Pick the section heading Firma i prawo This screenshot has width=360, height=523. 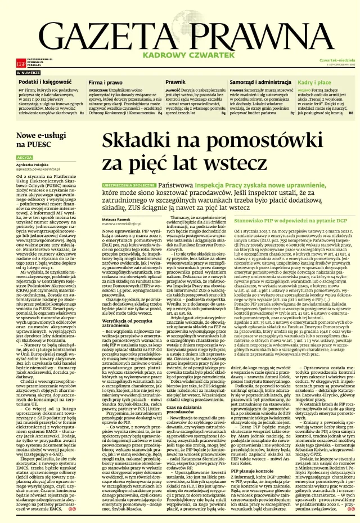pyautogui.click(x=105, y=82)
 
